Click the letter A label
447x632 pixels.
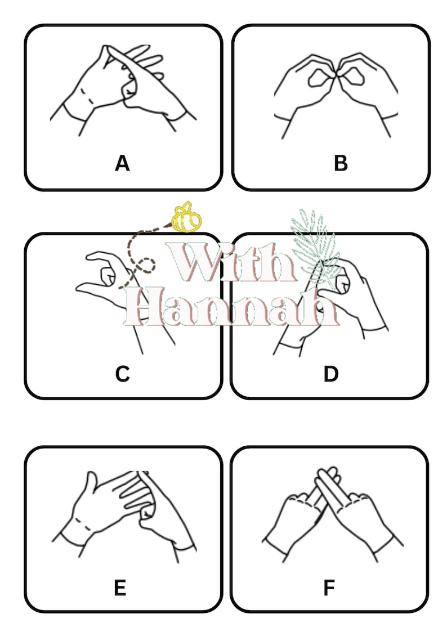pyautogui.click(x=122, y=164)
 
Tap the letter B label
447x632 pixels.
pyautogui.click(x=341, y=164)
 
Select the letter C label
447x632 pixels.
pyautogui.click(x=122, y=374)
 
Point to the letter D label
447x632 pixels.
pyautogui.click(x=331, y=374)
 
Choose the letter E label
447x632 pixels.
pyautogui.click(x=120, y=588)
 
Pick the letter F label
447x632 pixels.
pyautogui.click(x=329, y=588)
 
